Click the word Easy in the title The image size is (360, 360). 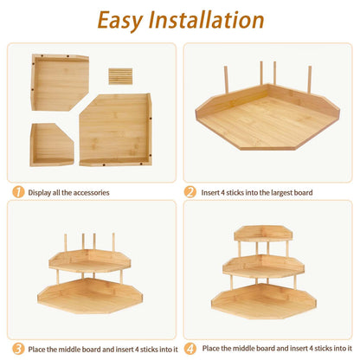pyautogui.click(x=120, y=21)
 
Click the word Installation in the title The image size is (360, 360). pyautogui.click(x=206, y=20)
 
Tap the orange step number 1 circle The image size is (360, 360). pyautogui.click(x=18, y=192)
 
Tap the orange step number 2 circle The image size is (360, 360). pyautogui.click(x=190, y=192)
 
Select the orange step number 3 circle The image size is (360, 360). pyautogui.click(x=18, y=349)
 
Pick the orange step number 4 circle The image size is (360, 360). pyautogui.click(x=190, y=349)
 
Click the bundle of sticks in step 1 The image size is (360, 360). pyautogui.click(x=120, y=76)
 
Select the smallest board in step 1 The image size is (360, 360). pyautogui.click(x=51, y=145)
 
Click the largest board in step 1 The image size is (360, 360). pyautogui.click(x=116, y=130)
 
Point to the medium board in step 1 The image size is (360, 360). pyautogui.click(x=59, y=82)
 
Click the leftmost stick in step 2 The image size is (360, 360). pyautogui.click(x=226, y=80)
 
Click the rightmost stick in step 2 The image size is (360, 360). pyautogui.click(x=310, y=80)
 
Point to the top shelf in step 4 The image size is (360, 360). pyautogui.click(x=263, y=233)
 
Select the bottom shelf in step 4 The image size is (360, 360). pyautogui.click(x=264, y=300)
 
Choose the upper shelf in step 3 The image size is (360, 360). pyautogui.click(x=90, y=261)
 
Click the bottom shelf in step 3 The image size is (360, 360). pyautogui.click(x=90, y=296)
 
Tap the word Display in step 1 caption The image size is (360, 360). pyautogui.click(x=40, y=193)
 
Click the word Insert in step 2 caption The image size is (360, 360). pyautogui.click(x=210, y=192)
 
